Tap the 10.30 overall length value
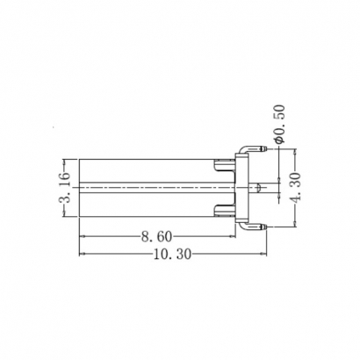(173, 254)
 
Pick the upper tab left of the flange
(225, 162)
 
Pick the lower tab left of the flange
(225, 212)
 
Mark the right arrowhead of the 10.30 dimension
(262, 254)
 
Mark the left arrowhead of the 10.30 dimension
(83, 254)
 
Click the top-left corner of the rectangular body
(80, 160)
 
